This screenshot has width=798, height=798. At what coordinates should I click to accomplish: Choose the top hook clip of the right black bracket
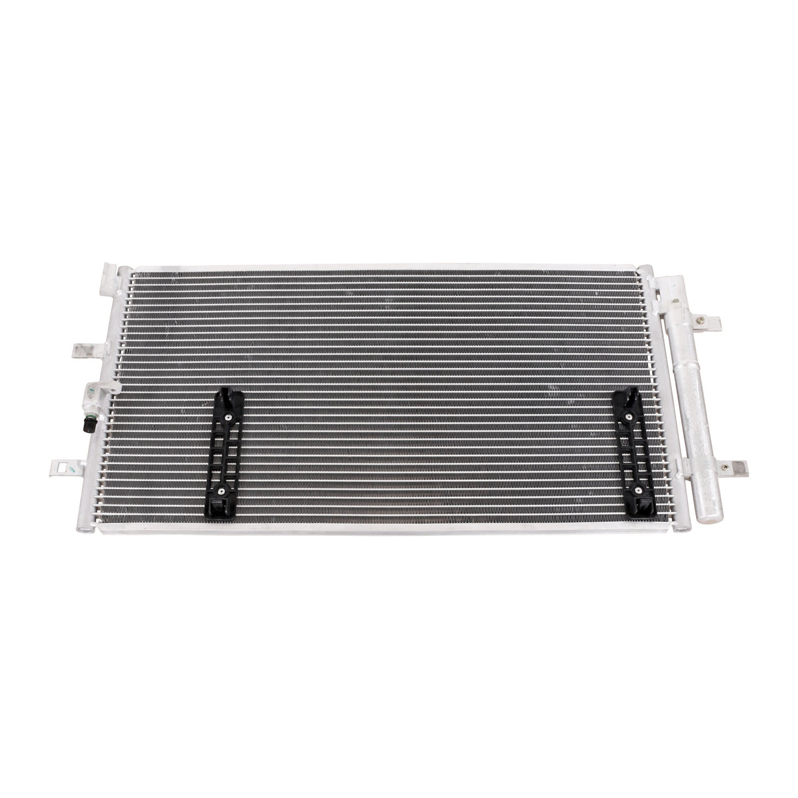(622, 397)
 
